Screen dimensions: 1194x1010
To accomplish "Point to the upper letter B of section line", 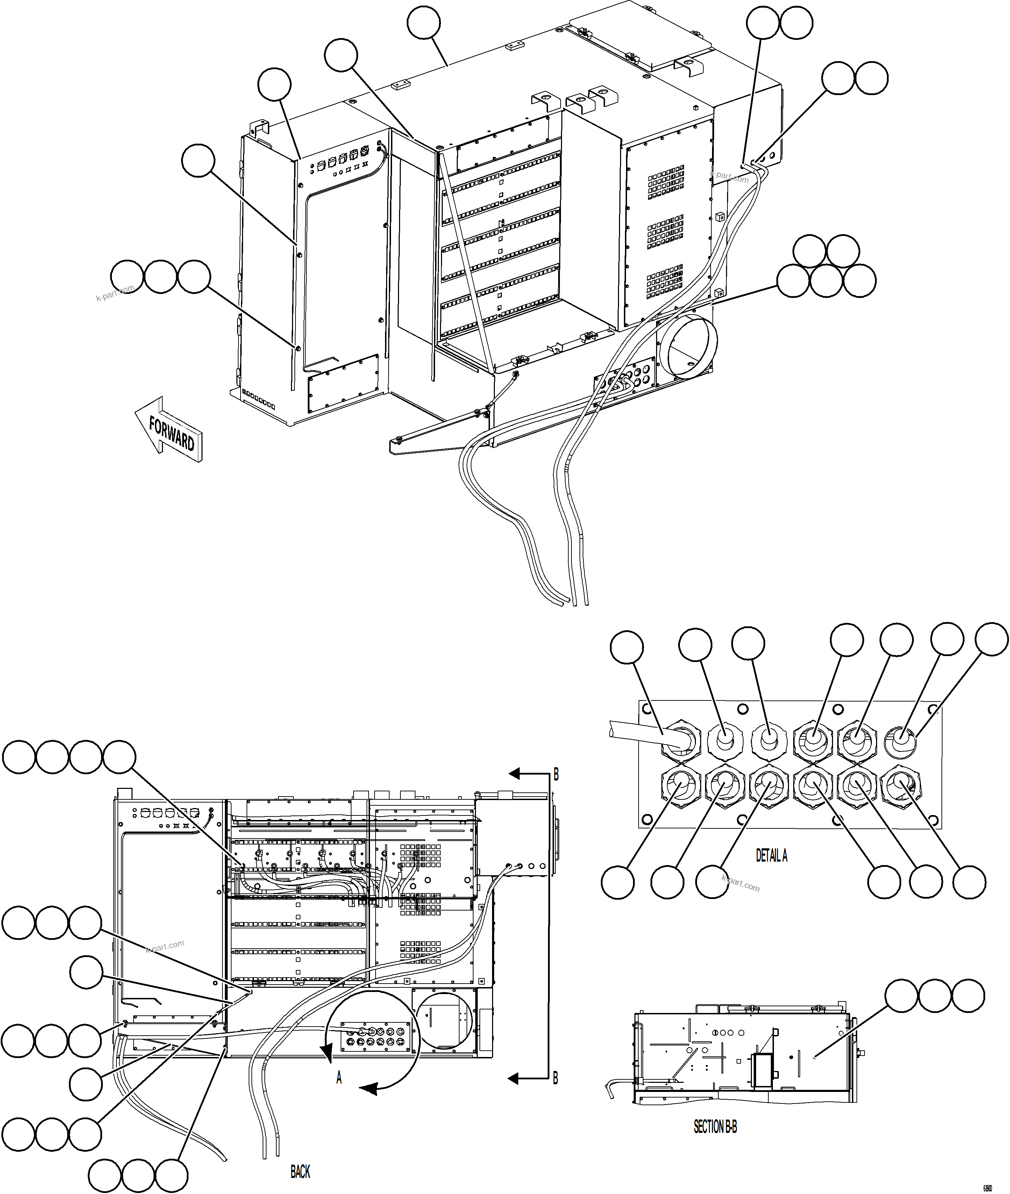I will pyautogui.click(x=555, y=776).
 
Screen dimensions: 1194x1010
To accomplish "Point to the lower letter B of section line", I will pyautogui.click(x=555, y=1079).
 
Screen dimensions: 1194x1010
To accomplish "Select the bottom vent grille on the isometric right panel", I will pyautogui.click(x=665, y=281).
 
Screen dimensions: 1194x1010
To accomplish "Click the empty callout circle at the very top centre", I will pyautogui.click(x=424, y=24).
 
